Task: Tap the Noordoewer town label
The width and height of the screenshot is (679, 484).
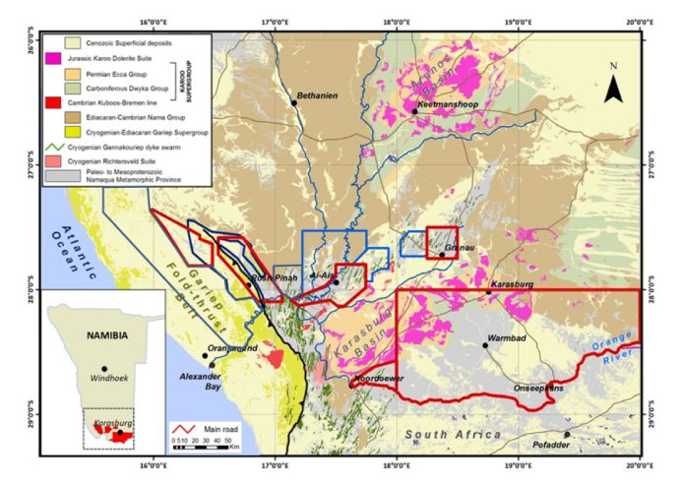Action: coord(374,378)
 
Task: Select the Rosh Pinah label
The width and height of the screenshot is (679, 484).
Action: coord(275,278)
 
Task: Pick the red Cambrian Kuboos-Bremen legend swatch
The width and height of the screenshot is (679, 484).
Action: coord(73,103)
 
